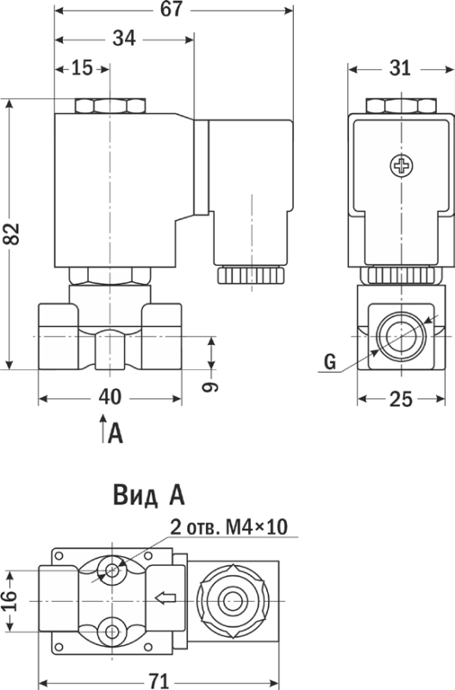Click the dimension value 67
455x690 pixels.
point(171,9)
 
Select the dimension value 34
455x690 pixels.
point(124,39)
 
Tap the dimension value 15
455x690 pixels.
point(82,68)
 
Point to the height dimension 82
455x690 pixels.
point(12,234)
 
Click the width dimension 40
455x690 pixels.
point(110,398)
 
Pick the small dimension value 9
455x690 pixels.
point(210,386)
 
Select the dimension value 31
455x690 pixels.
point(400,68)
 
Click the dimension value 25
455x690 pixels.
point(401,399)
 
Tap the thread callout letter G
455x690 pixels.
point(330,361)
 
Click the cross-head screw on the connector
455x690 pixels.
point(402,166)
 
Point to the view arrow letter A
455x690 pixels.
point(115,434)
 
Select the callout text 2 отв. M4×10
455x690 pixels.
point(228,527)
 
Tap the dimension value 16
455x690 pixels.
point(9,601)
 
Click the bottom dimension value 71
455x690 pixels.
point(159,681)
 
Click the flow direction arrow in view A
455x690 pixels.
point(166,598)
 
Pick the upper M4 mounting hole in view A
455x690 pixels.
point(112,571)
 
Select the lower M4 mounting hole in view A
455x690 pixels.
point(112,632)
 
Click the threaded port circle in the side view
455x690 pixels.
point(401,336)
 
